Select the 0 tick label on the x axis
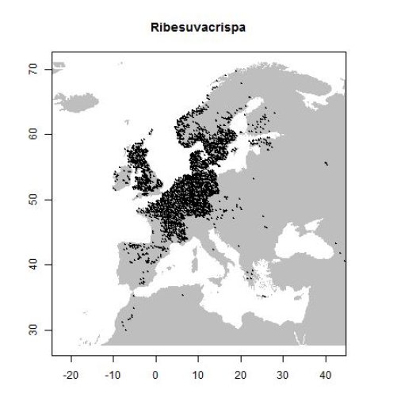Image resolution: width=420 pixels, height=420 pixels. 156,374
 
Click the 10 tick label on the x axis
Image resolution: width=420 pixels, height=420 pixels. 198,374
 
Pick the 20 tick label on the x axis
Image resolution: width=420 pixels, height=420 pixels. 241,374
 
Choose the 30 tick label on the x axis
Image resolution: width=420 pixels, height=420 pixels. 283,374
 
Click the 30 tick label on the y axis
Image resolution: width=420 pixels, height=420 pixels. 35,330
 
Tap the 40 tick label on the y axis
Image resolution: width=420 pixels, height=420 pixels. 35,265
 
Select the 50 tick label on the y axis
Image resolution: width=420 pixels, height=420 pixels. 35,200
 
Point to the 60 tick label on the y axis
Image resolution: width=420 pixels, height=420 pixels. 35,135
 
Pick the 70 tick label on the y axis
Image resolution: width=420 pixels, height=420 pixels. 35,70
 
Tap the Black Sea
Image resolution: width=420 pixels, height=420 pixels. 297,242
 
